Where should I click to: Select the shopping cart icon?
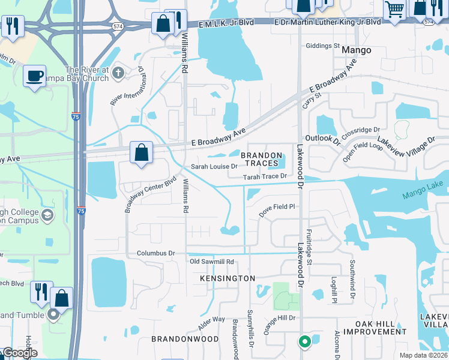click(394, 10)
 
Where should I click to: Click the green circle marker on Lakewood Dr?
click(305, 341)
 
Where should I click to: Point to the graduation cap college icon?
click(47, 215)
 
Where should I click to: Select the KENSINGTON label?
click(228, 278)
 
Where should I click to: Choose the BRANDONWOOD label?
click(185, 338)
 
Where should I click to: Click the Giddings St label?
click(322, 46)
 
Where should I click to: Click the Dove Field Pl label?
click(277, 207)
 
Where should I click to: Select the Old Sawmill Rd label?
click(211, 262)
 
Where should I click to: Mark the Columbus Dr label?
click(155, 253)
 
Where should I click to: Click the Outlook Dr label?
click(323, 138)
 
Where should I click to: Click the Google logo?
click(20, 353)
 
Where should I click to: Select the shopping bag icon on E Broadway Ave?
click(142, 153)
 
